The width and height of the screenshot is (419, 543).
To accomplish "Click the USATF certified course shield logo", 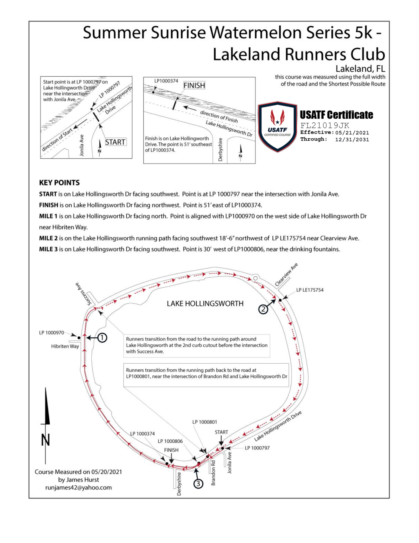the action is pyautogui.click(x=277, y=127).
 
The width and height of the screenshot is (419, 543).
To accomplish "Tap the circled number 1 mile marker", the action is pyautogui.click(x=102, y=338).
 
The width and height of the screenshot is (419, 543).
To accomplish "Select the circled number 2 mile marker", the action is pyautogui.click(x=263, y=309).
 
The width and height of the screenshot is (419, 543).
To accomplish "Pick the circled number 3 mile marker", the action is pyautogui.click(x=198, y=484).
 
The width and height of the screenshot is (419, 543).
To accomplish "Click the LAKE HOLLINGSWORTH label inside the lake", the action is pyautogui.click(x=205, y=304).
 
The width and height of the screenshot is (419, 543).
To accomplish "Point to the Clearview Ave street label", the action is pyautogui.click(x=286, y=274).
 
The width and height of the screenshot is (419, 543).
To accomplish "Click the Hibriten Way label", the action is pyautogui.click(x=65, y=346).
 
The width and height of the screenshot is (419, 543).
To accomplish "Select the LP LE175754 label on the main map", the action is pyautogui.click(x=310, y=290).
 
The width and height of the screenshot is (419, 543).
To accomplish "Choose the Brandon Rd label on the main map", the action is pyautogui.click(x=213, y=473).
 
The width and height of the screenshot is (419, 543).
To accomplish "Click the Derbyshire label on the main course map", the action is pyautogui.click(x=179, y=484).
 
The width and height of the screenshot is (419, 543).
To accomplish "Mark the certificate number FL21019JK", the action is pyautogui.click(x=325, y=125).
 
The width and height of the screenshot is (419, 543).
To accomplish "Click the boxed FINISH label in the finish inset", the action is pyautogui.click(x=194, y=86).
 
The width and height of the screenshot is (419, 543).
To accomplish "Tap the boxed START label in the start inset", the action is pyautogui.click(x=115, y=142).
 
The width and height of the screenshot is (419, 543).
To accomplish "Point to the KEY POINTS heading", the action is pyautogui.click(x=59, y=182).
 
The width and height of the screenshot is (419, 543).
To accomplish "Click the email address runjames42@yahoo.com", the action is pyautogui.click(x=78, y=487).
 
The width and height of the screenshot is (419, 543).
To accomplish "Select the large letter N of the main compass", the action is pyautogui.click(x=46, y=440).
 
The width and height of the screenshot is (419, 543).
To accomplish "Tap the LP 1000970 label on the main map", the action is pyautogui.click(x=52, y=333).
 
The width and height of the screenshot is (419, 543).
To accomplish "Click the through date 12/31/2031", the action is pyautogui.click(x=352, y=140).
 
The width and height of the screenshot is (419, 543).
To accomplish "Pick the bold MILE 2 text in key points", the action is pyautogui.click(x=48, y=238).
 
